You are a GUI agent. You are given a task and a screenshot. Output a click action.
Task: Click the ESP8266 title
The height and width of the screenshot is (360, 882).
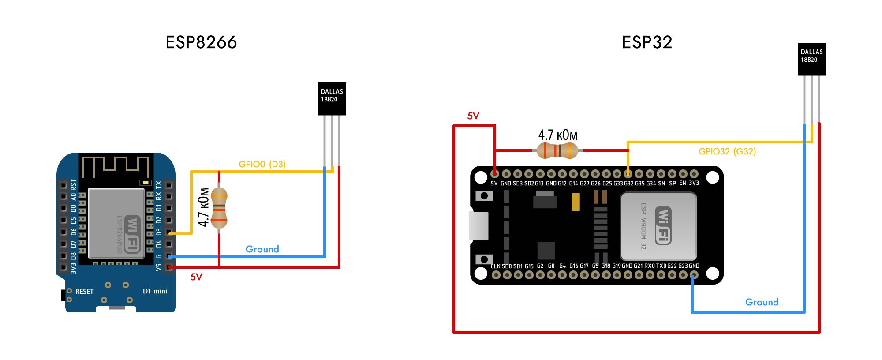201,42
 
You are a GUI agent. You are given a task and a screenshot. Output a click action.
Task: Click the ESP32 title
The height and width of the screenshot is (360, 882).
647,42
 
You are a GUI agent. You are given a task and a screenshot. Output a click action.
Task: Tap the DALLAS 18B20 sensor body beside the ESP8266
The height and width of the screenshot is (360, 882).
332,99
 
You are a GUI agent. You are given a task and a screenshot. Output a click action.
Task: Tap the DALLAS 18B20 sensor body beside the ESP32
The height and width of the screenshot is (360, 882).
811,59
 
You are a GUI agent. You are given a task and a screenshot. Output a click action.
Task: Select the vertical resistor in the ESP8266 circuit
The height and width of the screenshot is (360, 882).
219,207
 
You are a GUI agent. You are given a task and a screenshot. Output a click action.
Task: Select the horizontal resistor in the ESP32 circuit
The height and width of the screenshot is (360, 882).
557,150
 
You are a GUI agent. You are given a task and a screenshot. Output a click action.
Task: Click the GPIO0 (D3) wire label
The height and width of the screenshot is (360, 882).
262,164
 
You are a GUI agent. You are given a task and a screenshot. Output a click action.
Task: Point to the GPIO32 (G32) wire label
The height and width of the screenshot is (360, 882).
727,151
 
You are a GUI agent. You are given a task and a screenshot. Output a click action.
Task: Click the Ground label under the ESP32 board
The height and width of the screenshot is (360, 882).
762,302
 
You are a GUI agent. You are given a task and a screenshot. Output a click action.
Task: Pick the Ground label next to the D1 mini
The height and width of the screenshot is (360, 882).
262,249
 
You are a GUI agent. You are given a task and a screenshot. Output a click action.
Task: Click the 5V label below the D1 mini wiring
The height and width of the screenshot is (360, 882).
196,277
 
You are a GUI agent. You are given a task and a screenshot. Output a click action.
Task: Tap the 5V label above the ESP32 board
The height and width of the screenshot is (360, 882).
473,116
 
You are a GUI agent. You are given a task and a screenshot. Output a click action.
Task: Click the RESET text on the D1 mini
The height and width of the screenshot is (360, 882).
84,292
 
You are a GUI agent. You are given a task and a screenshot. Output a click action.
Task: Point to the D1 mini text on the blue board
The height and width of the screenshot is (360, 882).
155,291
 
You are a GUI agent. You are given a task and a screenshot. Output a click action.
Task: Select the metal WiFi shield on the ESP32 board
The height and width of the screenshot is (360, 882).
658,226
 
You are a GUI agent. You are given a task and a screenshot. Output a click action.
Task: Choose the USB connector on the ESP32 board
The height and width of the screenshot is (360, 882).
479,226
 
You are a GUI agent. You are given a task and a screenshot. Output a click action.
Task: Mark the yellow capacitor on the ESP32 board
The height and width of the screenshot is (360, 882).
576,202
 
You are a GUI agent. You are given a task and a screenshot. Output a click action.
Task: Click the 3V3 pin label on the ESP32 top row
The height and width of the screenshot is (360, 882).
694,183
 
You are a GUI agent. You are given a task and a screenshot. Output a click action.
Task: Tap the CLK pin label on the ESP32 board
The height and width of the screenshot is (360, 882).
496,266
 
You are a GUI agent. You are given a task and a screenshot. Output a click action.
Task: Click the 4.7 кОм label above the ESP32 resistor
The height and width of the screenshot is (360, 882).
558,135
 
